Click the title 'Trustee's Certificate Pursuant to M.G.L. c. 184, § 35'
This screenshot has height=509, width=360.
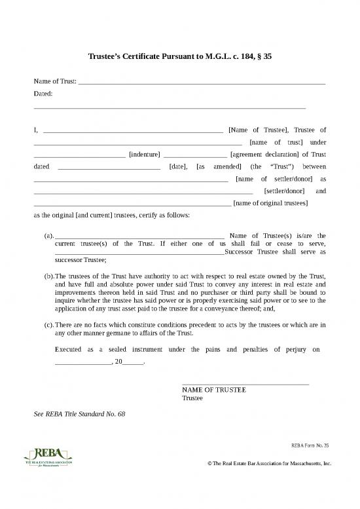[180, 57]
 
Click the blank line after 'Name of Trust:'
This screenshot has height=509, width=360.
[202, 84]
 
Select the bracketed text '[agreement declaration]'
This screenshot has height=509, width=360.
[265, 155]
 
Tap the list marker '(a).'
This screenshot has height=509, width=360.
[48, 235]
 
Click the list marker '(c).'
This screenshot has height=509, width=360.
[48, 325]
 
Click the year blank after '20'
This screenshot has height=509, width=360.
[132, 362]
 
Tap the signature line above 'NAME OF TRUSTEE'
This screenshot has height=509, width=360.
[245, 383]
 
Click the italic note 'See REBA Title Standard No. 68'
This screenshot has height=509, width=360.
[79, 414]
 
